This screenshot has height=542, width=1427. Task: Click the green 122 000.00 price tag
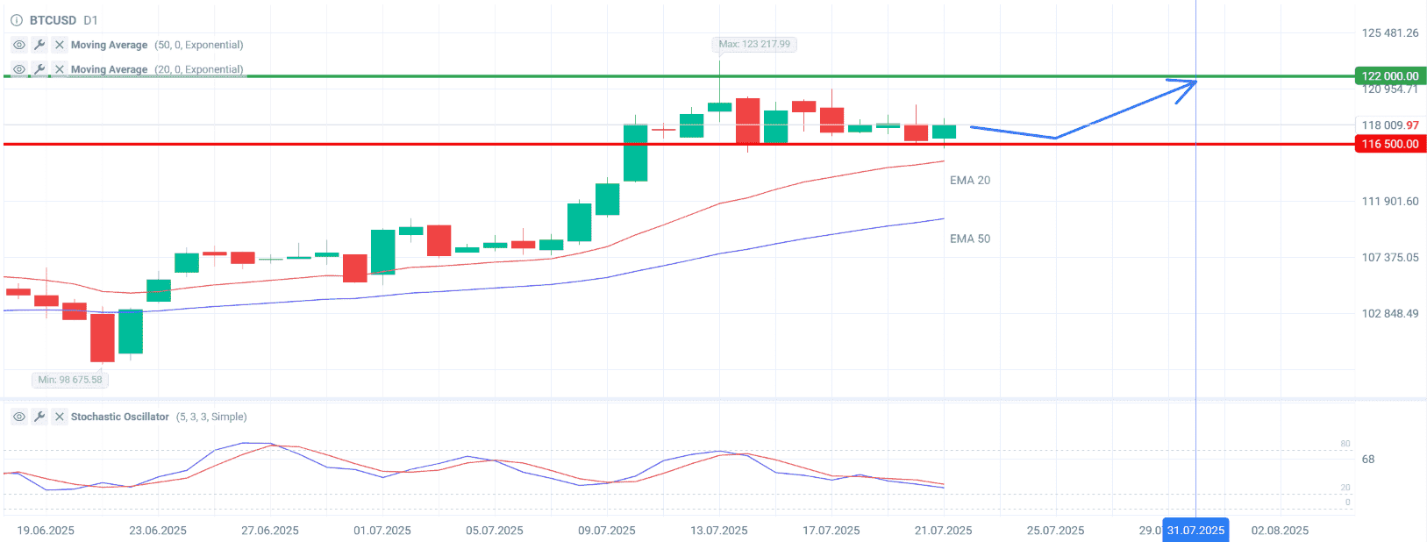[1390, 76]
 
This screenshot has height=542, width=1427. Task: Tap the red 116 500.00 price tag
[1390, 144]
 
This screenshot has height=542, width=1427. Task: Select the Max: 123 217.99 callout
[754, 44]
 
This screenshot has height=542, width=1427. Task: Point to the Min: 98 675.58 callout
[70, 380]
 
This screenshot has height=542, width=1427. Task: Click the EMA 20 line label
[970, 181]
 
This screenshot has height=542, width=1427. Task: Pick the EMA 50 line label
[970, 239]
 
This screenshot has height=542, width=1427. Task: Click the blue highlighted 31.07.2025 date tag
[1195, 531]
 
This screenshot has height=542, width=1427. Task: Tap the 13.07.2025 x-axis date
[719, 531]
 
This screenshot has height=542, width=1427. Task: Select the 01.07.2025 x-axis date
[382, 531]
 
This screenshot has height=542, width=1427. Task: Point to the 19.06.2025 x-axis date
[46, 531]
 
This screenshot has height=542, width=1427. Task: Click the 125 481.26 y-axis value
[1390, 33]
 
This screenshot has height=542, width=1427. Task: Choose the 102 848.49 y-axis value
[1390, 313]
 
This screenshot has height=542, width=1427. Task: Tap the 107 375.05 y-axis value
[1390, 257]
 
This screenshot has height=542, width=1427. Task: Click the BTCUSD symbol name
[53, 20]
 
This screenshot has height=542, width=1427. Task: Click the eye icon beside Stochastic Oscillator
[18, 417]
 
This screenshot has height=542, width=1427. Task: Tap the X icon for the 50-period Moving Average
[59, 45]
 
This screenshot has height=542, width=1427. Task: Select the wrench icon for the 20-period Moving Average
[39, 69]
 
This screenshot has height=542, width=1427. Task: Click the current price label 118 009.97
[1390, 125]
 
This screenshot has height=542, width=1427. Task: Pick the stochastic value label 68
[1368, 460]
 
